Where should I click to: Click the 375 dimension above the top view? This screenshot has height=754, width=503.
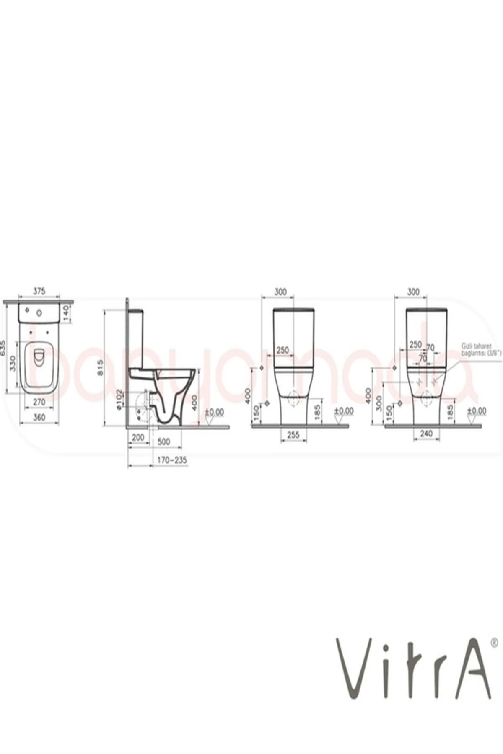(x=39, y=290)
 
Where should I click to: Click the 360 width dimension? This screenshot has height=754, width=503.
(x=39, y=417)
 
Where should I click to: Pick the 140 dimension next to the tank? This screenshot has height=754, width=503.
(x=66, y=313)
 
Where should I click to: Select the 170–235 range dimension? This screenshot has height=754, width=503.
(x=171, y=460)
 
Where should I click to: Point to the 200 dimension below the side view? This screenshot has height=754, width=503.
(x=137, y=437)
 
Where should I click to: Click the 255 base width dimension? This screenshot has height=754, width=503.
(x=293, y=435)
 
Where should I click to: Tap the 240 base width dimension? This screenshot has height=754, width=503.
(x=426, y=434)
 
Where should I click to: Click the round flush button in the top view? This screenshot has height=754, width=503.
(x=40, y=311)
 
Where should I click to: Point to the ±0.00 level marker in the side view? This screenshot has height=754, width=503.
(x=215, y=412)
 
